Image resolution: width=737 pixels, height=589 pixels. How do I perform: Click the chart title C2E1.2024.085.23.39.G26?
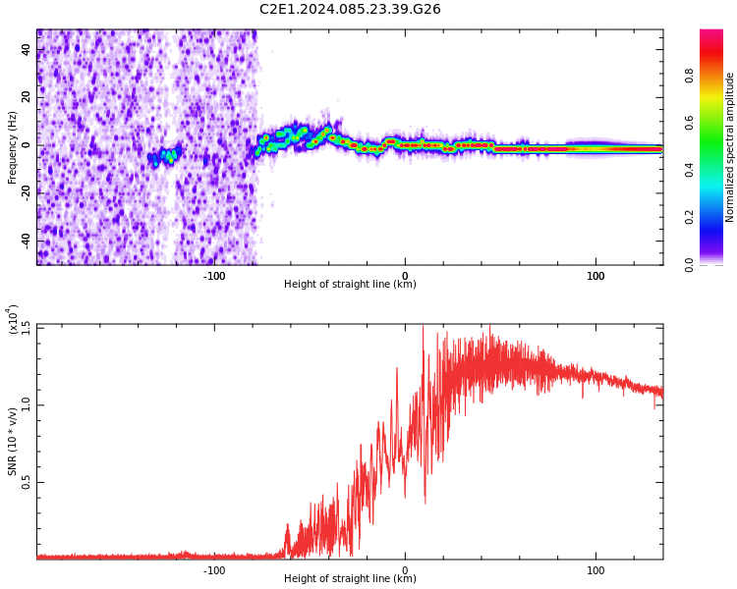350,10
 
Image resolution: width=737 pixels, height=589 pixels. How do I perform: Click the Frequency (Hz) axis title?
13,147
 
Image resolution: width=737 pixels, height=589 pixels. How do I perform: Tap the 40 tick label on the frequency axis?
27,50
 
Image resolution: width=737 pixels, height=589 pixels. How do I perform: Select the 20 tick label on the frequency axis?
27,98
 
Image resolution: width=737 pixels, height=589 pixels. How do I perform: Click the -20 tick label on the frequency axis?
25,193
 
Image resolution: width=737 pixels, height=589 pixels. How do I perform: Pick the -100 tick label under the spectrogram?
214,275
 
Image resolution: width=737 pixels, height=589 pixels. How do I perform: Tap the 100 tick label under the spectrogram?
595,275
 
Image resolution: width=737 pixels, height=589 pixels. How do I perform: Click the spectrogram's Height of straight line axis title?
350,285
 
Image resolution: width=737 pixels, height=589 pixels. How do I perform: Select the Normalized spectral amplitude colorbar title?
730,147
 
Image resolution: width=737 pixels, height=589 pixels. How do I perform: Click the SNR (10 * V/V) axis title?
13,442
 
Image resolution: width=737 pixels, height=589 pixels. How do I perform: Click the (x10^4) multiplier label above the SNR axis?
13,320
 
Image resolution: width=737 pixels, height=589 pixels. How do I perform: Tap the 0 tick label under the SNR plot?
405,569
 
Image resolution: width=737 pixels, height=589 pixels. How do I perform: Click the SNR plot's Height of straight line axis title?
350,579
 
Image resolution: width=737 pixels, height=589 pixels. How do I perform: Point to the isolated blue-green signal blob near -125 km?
165,155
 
